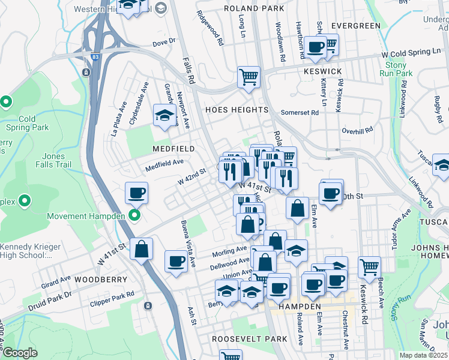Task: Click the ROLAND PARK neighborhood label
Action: pyautogui.click(x=253, y=8)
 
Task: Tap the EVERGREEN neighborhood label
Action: pyautogui.click(x=356, y=26)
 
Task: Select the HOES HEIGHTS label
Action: pyautogui.click(x=237, y=110)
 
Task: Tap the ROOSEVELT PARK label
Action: pyautogui.click(x=250, y=339)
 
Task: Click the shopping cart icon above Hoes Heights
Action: pyautogui.click(x=249, y=77)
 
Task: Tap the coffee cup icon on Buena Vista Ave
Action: pyautogui.click(x=176, y=261)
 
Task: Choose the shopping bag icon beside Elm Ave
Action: pyautogui.click(x=297, y=208)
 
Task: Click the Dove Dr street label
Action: pyautogui.click(x=163, y=43)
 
